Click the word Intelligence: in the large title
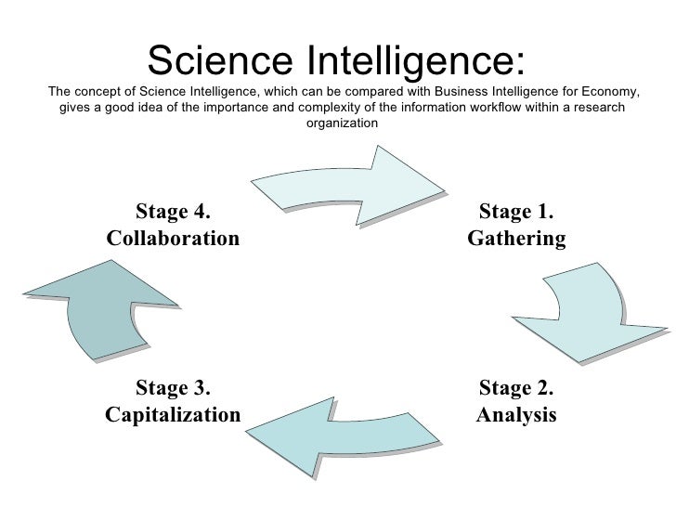[x=404, y=62]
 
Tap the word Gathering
[x=516, y=240]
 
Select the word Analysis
[x=516, y=413]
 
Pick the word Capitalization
[x=173, y=413]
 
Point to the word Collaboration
[x=173, y=239]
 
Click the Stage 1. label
[x=516, y=213]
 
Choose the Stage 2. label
[x=516, y=387]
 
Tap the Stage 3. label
[x=173, y=387]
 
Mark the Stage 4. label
[x=173, y=213]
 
